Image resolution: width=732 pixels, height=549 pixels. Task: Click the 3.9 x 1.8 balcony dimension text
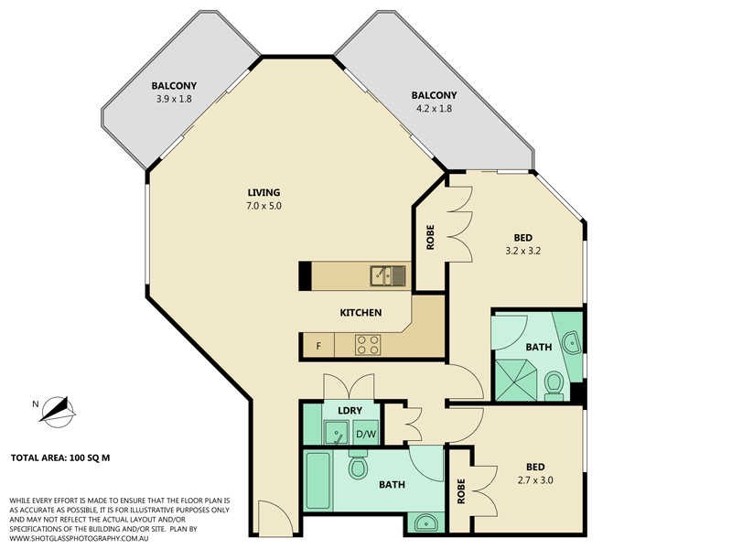coord(174,100)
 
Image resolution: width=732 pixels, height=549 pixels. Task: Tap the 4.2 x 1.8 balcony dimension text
coord(433,108)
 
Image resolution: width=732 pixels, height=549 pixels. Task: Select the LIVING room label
coord(264,192)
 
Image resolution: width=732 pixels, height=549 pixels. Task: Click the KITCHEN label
coord(361,313)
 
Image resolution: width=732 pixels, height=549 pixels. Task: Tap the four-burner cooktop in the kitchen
coord(368,345)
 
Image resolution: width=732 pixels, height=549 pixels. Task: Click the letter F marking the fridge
coord(318,346)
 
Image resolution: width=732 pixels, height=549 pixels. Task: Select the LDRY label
coord(349,411)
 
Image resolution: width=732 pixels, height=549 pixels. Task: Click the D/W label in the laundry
coord(365,434)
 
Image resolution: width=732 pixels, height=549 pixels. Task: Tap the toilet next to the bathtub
coord(358,467)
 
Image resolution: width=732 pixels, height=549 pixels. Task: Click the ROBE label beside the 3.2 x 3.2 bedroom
coord(430,238)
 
